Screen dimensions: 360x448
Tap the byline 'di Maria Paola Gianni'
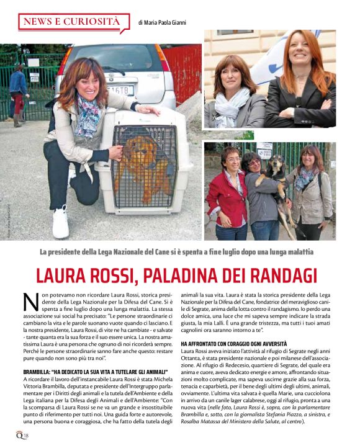(162, 22)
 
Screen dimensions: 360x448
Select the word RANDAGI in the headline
(282, 275)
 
